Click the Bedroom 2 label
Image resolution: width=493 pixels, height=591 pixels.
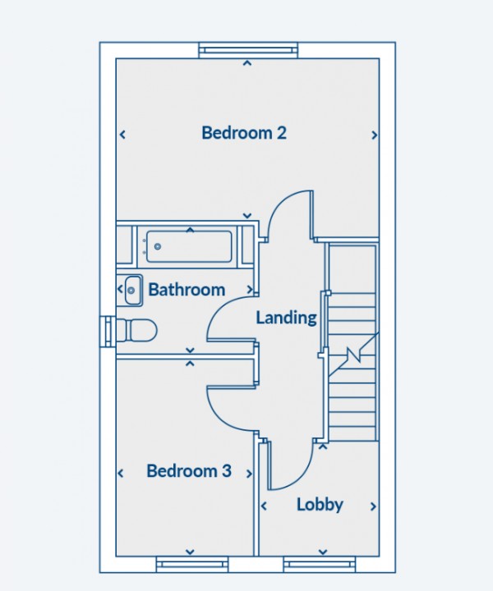coord(244,132)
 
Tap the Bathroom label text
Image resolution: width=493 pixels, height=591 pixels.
coord(187,290)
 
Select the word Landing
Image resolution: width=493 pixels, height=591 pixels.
coord(286,318)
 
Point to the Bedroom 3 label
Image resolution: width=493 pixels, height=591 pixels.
coord(188,471)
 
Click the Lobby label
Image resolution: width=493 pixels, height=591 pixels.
coord(320,505)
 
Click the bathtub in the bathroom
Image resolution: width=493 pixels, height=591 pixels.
coord(188,244)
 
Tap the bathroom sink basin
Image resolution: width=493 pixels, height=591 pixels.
coord(131,288)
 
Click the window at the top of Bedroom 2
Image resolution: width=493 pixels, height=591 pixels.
coord(247,50)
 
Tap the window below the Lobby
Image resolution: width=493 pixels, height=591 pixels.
coord(320,564)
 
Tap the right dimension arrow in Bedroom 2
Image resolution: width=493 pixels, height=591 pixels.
coord(375,135)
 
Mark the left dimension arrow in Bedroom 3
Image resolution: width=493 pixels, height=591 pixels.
coord(122,473)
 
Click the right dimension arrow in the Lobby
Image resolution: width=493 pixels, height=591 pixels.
coord(374,506)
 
